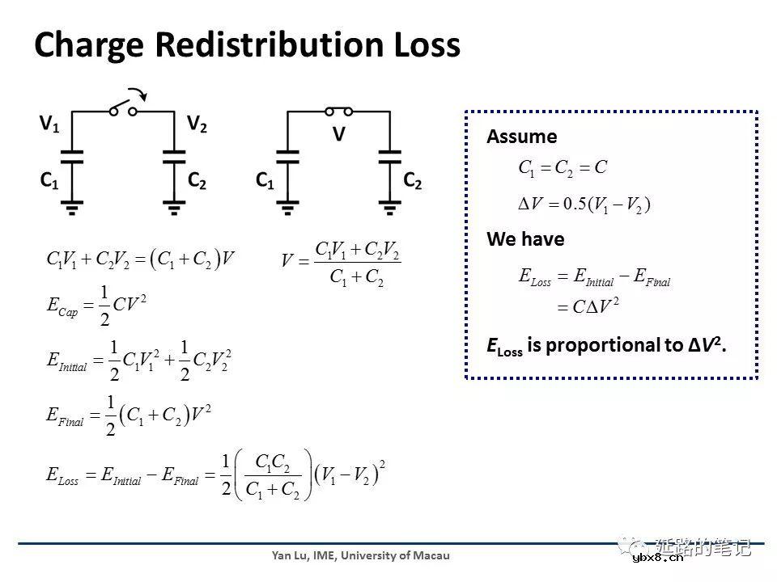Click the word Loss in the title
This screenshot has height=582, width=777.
(x=427, y=44)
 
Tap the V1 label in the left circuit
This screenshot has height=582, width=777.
(x=49, y=123)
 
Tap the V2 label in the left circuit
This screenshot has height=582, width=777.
(x=197, y=123)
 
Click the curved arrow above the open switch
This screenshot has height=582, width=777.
(x=138, y=94)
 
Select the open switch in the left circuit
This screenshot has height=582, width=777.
(x=123, y=108)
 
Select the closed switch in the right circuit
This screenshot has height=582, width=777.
(x=339, y=112)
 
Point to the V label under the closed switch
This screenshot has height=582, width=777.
(x=339, y=133)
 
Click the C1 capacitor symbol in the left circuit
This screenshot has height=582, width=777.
(x=72, y=157)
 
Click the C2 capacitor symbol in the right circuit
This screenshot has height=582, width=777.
(x=390, y=157)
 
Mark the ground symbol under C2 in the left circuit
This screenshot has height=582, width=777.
(x=174, y=208)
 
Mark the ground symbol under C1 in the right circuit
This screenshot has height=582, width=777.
(x=287, y=208)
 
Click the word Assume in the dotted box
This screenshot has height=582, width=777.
(x=522, y=137)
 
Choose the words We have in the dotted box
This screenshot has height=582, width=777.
(x=525, y=239)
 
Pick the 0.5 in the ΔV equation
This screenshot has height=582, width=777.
(x=575, y=204)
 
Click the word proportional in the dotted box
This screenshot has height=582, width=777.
(x=606, y=345)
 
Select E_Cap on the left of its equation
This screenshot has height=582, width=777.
(x=62, y=306)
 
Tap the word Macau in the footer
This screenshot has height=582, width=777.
(x=431, y=556)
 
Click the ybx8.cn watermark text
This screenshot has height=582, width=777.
(x=658, y=558)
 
